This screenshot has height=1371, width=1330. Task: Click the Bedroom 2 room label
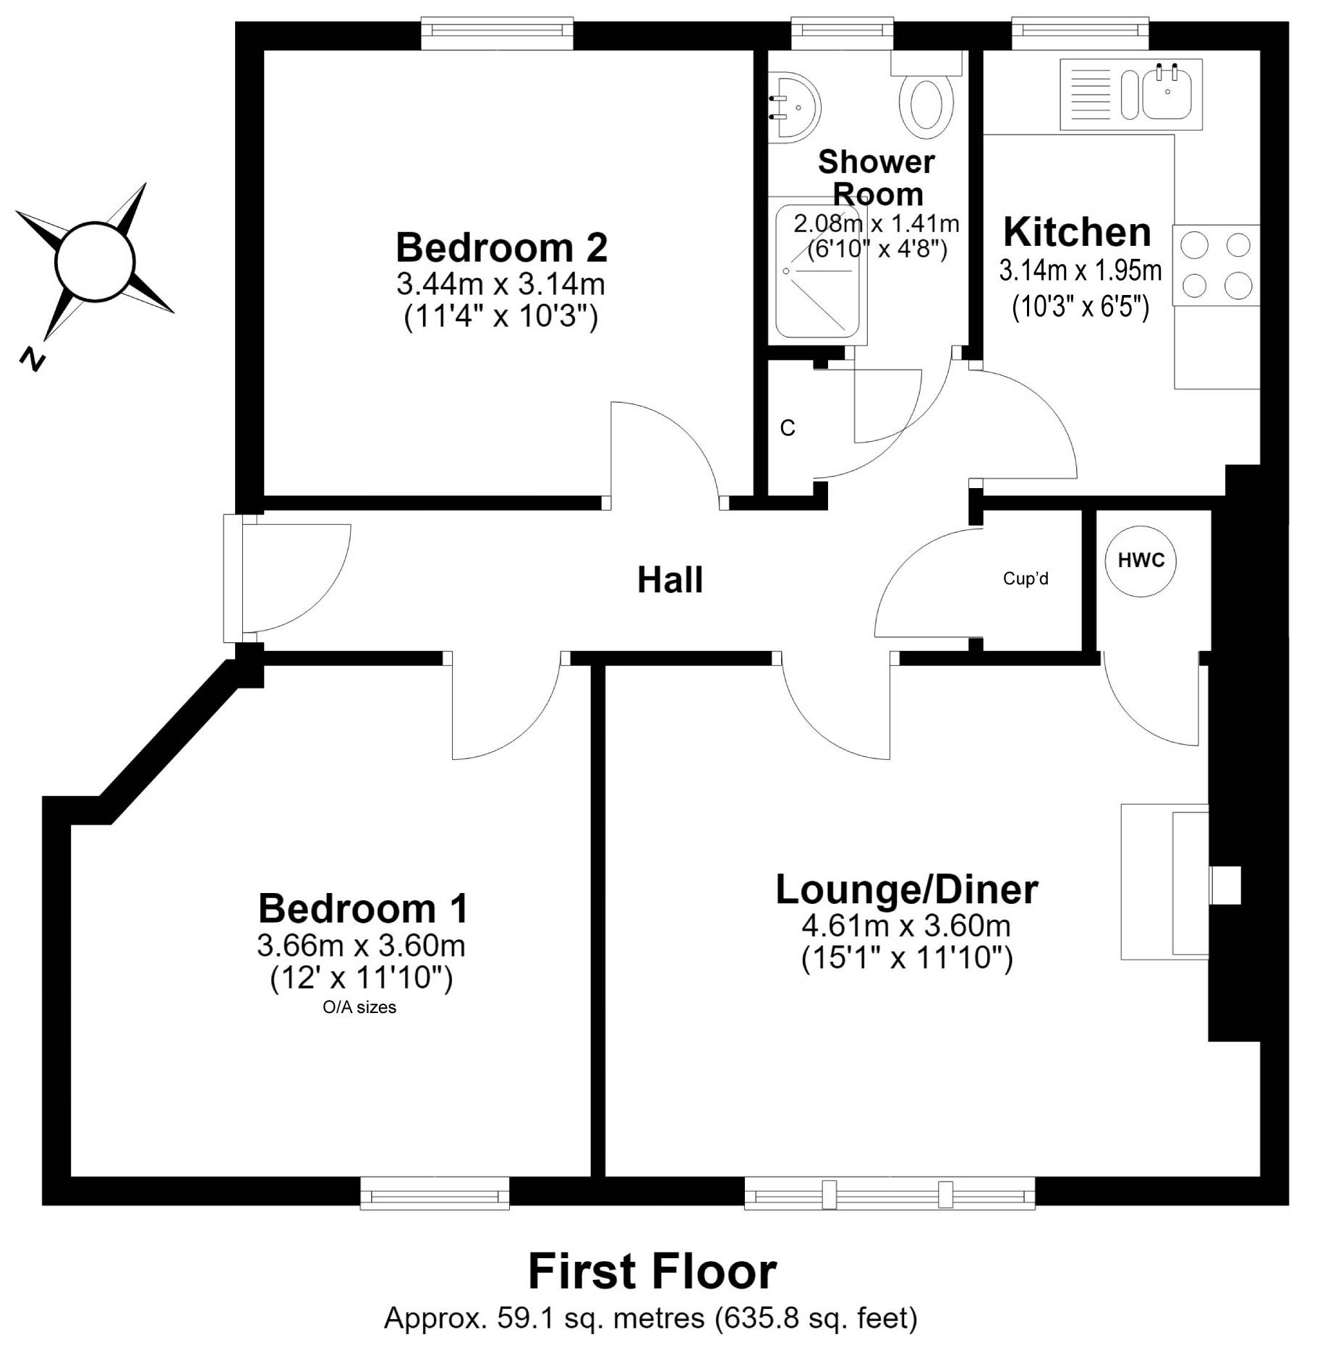click(501, 248)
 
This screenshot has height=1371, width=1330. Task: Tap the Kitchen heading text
click(1077, 232)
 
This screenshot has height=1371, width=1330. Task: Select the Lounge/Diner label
click(907, 890)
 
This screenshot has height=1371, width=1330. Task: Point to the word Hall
click(670, 580)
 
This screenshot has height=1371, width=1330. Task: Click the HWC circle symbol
click(1141, 560)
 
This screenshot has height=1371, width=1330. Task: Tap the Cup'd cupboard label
click(1026, 578)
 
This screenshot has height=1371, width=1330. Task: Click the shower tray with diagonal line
click(821, 271)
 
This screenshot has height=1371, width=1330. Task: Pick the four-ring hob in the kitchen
click(1216, 265)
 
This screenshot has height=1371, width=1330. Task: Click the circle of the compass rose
click(95, 260)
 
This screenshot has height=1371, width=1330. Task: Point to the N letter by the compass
click(32, 359)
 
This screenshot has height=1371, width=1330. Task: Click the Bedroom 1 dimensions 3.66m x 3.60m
click(361, 945)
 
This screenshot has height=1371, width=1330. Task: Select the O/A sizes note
click(359, 1007)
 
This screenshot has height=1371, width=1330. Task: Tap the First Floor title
click(652, 1271)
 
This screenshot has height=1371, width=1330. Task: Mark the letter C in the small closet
click(788, 429)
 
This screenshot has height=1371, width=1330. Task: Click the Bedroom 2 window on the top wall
click(498, 34)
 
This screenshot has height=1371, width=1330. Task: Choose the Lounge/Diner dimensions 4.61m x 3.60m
click(906, 926)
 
